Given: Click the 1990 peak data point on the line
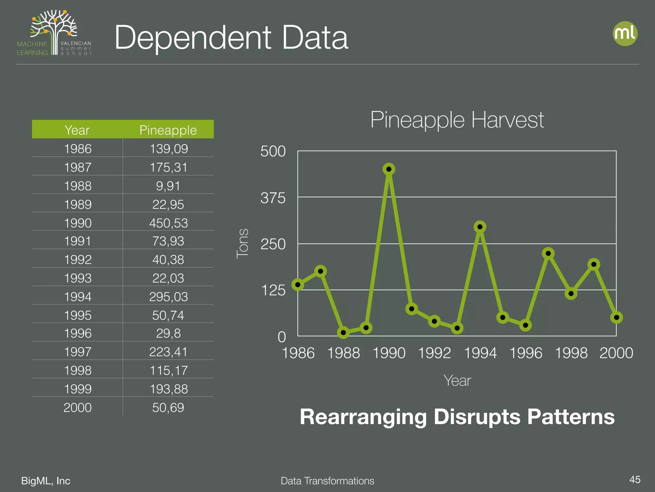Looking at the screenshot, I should click(389, 169).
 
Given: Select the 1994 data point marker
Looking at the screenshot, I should click(480, 227).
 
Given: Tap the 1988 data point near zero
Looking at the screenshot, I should click(343, 332).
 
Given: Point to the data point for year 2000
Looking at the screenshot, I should click(616, 317).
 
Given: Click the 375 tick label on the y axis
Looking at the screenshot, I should click(273, 198).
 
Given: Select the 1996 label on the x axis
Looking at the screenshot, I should click(525, 353).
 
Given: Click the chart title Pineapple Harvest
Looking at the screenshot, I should click(457, 120).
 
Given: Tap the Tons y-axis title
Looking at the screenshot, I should click(242, 243).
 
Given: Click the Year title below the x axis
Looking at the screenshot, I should click(457, 381).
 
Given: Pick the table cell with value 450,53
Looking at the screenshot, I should click(169, 223).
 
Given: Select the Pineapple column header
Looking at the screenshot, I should click(168, 130).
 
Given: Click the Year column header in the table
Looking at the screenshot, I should click(77, 130).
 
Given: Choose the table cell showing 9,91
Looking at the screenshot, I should click(168, 186).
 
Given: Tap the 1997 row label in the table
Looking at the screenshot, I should click(78, 352).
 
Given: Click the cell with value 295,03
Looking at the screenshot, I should click(169, 297).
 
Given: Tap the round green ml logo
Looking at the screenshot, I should click(625, 34).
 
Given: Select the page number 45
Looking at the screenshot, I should click(635, 480).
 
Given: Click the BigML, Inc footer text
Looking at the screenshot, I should click(46, 480).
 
